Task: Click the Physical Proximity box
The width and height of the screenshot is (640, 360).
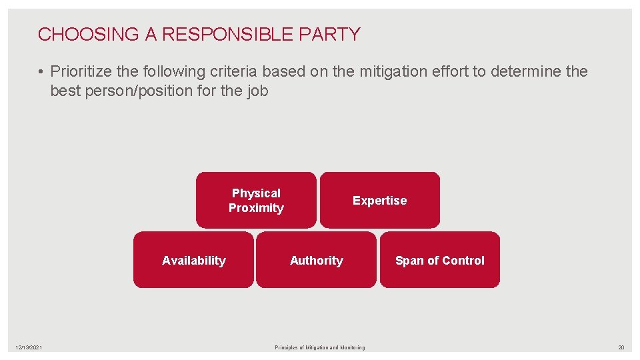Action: (x=256, y=200)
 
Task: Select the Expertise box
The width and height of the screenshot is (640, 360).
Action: (x=379, y=200)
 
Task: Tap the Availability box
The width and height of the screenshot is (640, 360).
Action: (x=193, y=260)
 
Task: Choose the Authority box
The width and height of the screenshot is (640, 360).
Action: (x=316, y=260)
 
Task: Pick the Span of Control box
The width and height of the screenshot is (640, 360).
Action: (x=439, y=260)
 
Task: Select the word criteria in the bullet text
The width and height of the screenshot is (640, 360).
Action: (x=231, y=71)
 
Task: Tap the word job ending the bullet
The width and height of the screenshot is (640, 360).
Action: (x=257, y=91)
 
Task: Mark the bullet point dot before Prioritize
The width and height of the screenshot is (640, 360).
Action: (x=41, y=71)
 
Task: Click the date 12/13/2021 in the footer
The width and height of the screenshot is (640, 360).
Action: (x=29, y=347)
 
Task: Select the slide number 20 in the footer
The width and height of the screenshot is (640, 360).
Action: (x=621, y=347)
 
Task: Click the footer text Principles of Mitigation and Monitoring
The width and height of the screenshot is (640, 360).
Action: (x=320, y=347)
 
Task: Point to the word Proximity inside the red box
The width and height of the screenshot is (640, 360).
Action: (x=256, y=208)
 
